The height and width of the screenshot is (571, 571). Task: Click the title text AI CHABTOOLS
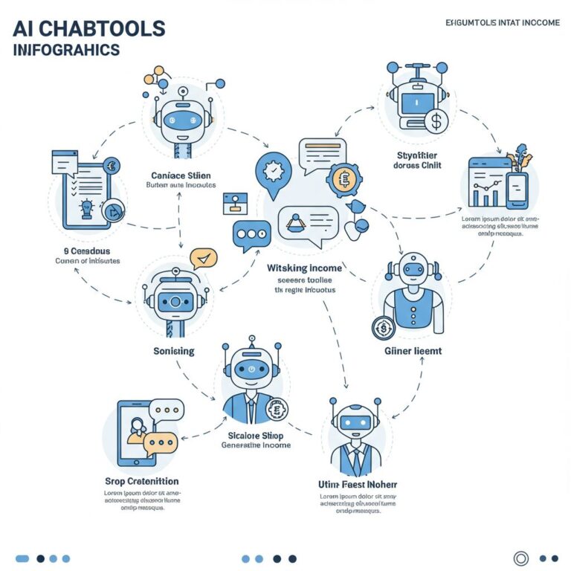(88, 29)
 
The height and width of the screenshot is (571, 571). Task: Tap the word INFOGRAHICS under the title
(66, 51)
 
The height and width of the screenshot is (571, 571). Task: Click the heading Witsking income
(305, 268)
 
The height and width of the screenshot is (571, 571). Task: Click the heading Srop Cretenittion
(142, 481)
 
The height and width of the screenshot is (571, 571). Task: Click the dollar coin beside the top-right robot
(437, 120)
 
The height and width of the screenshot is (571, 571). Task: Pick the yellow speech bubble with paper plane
(203, 258)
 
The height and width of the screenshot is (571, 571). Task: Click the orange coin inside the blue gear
(343, 179)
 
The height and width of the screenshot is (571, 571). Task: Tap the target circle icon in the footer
(521, 558)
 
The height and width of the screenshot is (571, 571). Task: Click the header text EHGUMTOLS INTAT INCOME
(502, 22)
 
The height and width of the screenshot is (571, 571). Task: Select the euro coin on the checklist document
(114, 167)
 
